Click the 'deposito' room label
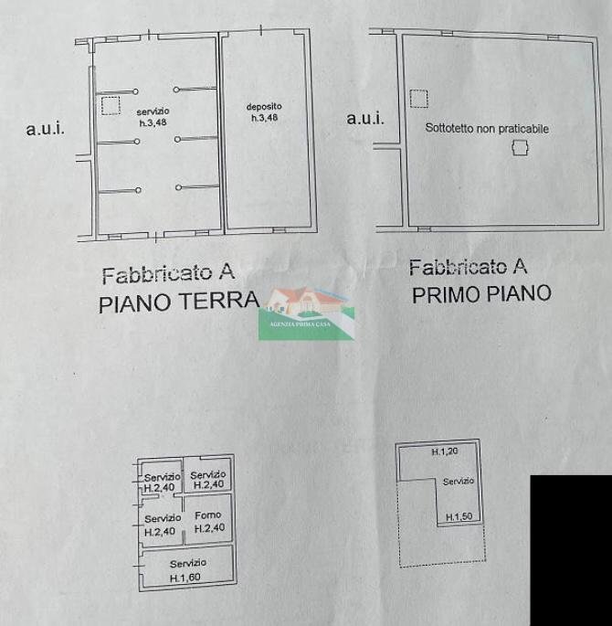(264, 107)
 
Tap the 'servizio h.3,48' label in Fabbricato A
(153, 116)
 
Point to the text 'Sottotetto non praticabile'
(487, 129)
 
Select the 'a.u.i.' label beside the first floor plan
(365, 118)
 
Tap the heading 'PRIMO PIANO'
(481, 294)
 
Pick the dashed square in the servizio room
(111, 106)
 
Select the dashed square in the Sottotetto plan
(418, 98)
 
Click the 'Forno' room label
(208, 515)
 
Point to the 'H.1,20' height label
(444, 452)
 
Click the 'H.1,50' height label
(459, 517)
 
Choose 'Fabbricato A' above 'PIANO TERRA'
(168, 272)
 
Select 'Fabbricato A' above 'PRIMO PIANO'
(469, 267)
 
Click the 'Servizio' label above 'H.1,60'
(187, 563)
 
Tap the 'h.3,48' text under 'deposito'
(264, 118)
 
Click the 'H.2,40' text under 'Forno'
(208, 528)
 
